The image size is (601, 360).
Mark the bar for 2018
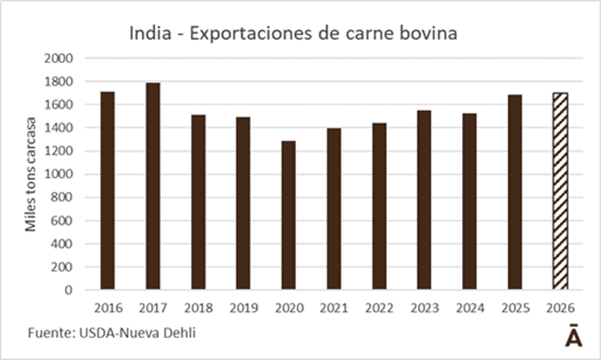point(198,202)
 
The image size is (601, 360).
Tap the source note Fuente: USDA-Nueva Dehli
point(112,332)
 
